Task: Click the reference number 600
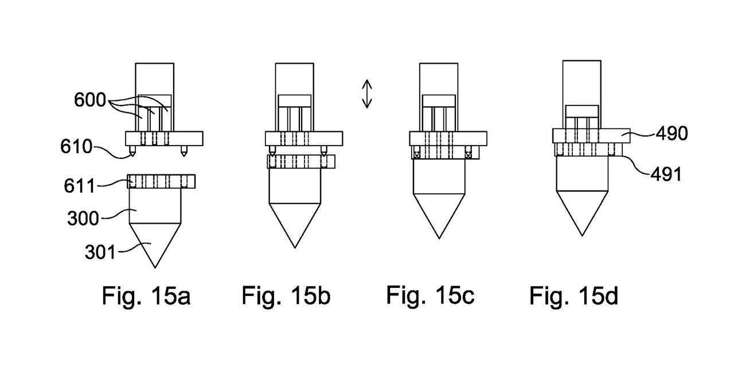(x=90, y=100)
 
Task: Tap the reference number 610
(x=76, y=146)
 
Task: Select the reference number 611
(x=79, y=186)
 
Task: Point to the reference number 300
(x=83, y=219)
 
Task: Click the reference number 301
(x=100, y=252)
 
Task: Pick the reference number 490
(x=671, y=134)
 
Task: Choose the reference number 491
(x=666, y=174)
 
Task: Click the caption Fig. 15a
(x=146, y=296)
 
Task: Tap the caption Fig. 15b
(x=286, y=296)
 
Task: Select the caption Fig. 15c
(x=430, y=295)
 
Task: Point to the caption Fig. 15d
(x=574, y=296)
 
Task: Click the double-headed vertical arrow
(x=367, y=94)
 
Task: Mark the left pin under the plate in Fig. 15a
(x=132, y=151)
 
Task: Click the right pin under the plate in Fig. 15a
(x=184, y=151)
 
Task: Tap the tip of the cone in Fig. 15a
(x=155, y=268)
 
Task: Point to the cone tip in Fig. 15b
(x=295, y=248)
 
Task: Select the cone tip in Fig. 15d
(x=582, y=236)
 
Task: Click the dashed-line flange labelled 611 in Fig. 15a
(x=161, y=181)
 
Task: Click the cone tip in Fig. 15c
(x=439, y=239)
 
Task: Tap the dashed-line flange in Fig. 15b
(x=301, y=162)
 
